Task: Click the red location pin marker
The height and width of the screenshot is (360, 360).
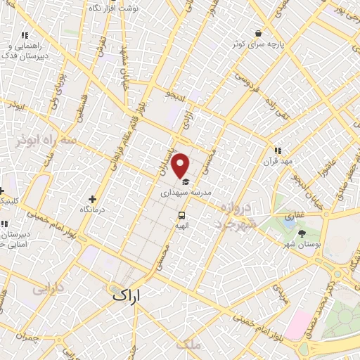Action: pyautogui.click(x=181, y=165)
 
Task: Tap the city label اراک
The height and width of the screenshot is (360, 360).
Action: pyautogui.click(x=127, y=296)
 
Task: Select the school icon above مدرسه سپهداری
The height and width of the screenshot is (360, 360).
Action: pyautogui.click(x=186, y=181)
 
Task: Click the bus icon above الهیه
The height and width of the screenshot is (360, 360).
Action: pyautogui.click(x=182, y=215)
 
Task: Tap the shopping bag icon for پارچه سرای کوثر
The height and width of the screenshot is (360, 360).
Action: pyautogui.click(x=259, y=33)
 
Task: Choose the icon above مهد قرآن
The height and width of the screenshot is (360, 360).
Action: pyautogui.click(x=278, y=150)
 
